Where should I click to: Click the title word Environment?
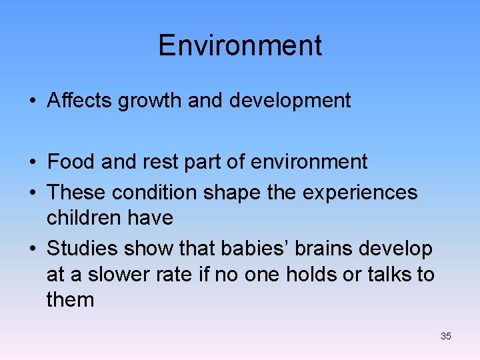[240, 46]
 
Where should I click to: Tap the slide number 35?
[446, 336]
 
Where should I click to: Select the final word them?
[71, 299]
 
